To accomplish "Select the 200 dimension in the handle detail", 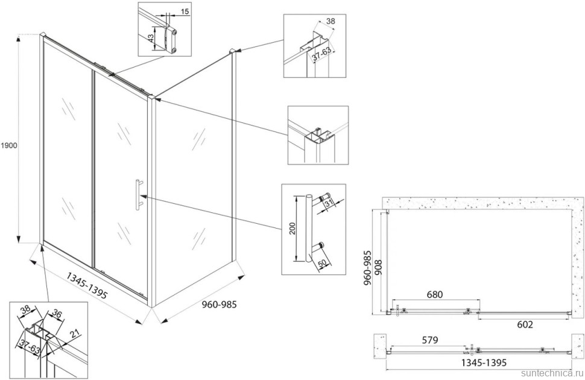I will (292, 229).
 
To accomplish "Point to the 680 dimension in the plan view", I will (435, 295).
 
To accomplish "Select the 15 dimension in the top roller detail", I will (185, 11).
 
